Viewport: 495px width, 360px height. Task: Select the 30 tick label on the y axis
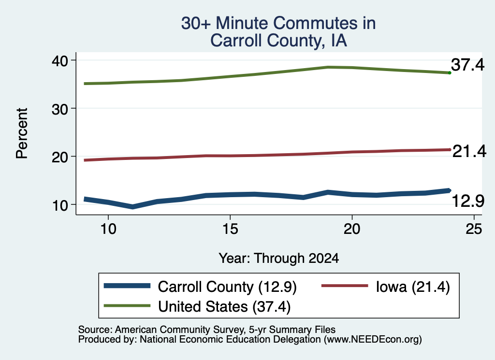pos(59,109)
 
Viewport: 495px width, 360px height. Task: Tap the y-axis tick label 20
pos(59,157)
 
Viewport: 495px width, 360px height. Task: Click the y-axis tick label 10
pos(59,205)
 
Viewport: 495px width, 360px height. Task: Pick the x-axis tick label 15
pos(230,229)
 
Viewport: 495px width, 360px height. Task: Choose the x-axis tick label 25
pos(474,229)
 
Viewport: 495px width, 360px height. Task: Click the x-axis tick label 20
pos(352,229)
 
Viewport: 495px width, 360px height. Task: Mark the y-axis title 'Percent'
pos(22,133)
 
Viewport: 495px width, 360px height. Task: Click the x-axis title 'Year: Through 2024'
pos(279,258)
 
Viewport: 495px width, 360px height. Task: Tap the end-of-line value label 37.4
pos(467,65)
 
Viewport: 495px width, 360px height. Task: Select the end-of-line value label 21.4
pos(469,151)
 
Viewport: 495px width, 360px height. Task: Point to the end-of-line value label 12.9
pos(468,201)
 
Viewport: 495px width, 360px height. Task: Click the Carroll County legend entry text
pos(227,287)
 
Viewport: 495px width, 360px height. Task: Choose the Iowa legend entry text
pos(413,287)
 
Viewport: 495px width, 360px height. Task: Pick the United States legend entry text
pos(224,307)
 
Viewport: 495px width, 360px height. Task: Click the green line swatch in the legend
pos(127,305)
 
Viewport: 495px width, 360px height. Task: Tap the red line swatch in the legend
pos(345,286)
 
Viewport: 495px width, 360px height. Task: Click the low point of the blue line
pos(132,207)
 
